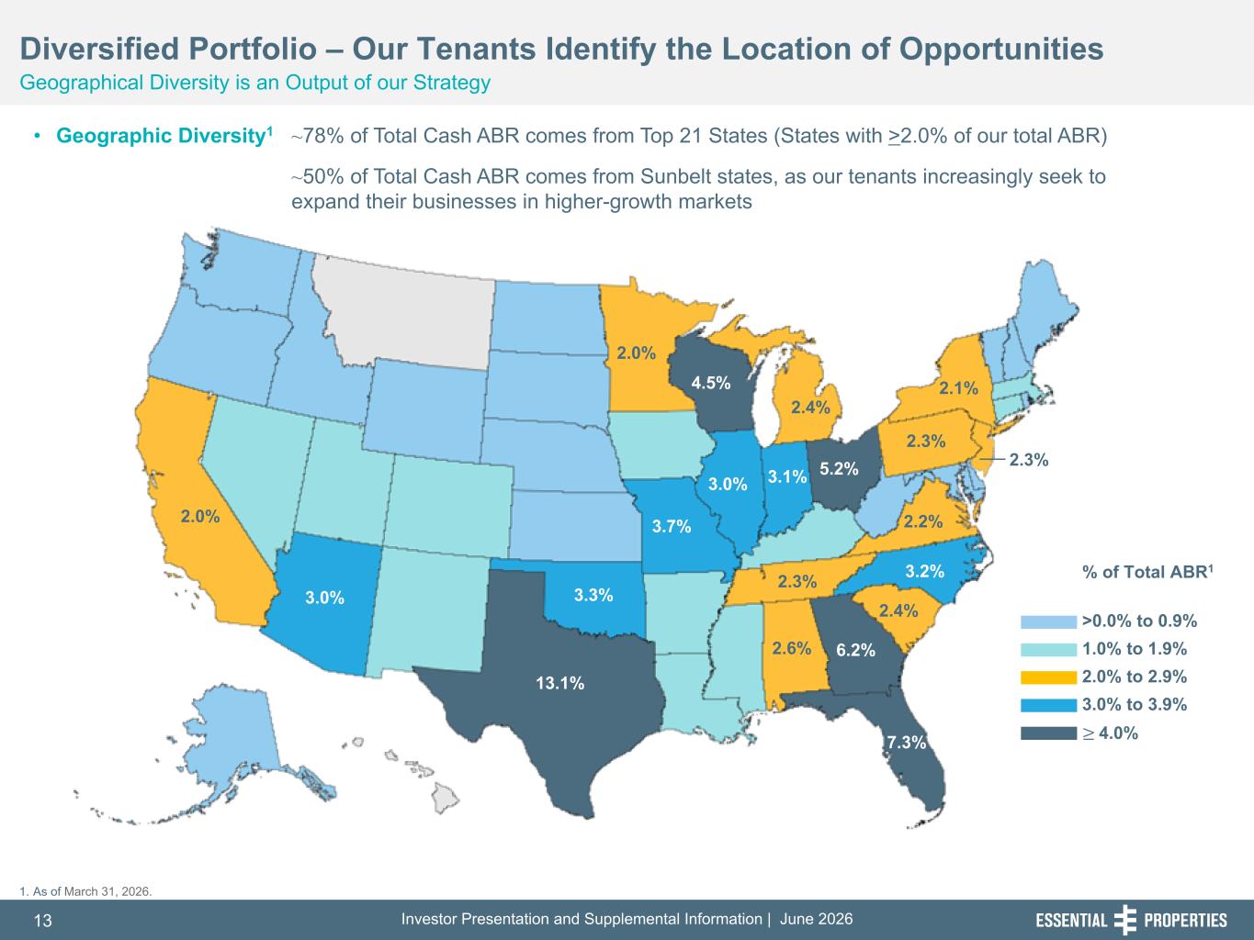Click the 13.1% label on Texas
[x=559, y=683]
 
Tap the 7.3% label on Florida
[x=907, y=742]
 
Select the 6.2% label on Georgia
[x=855, y=650]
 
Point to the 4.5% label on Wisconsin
[x=711, y=383]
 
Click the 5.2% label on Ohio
[x=839, y=468]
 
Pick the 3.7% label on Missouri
[x=672, y=526]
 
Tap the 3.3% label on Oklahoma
[x=593, y=595]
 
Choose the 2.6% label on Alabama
[x=791, y=648]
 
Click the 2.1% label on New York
[x=958, y=388]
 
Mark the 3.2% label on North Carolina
[x=924, y=571]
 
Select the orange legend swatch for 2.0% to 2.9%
[x=1048, y=677]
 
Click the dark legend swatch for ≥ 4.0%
[x=1048, y=733]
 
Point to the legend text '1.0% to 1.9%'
[x=1134, y=649]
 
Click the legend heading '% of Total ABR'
[x=1147, y=572]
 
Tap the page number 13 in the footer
[x=43, y=921]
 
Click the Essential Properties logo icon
[x=1124, y=920]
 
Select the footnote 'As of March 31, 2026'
[x=91, y=891]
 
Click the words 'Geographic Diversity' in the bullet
[x=159, y=136]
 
